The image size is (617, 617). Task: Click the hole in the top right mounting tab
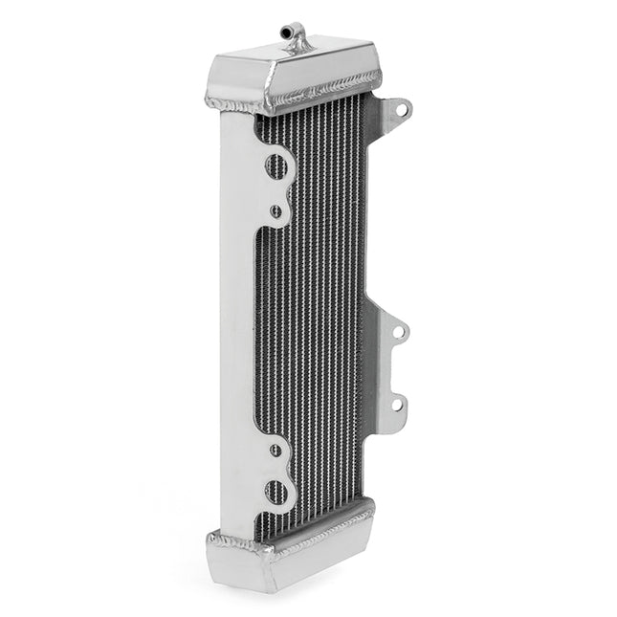coord(400,109)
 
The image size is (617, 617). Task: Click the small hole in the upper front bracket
coord(275,210)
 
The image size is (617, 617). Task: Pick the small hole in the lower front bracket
coord(275,450)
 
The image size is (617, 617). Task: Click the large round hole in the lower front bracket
coord(275,493)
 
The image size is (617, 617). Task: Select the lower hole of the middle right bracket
coord(398,405)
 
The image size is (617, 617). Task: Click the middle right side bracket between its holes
coord(390,368)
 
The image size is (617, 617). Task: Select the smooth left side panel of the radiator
coord(236,316)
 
